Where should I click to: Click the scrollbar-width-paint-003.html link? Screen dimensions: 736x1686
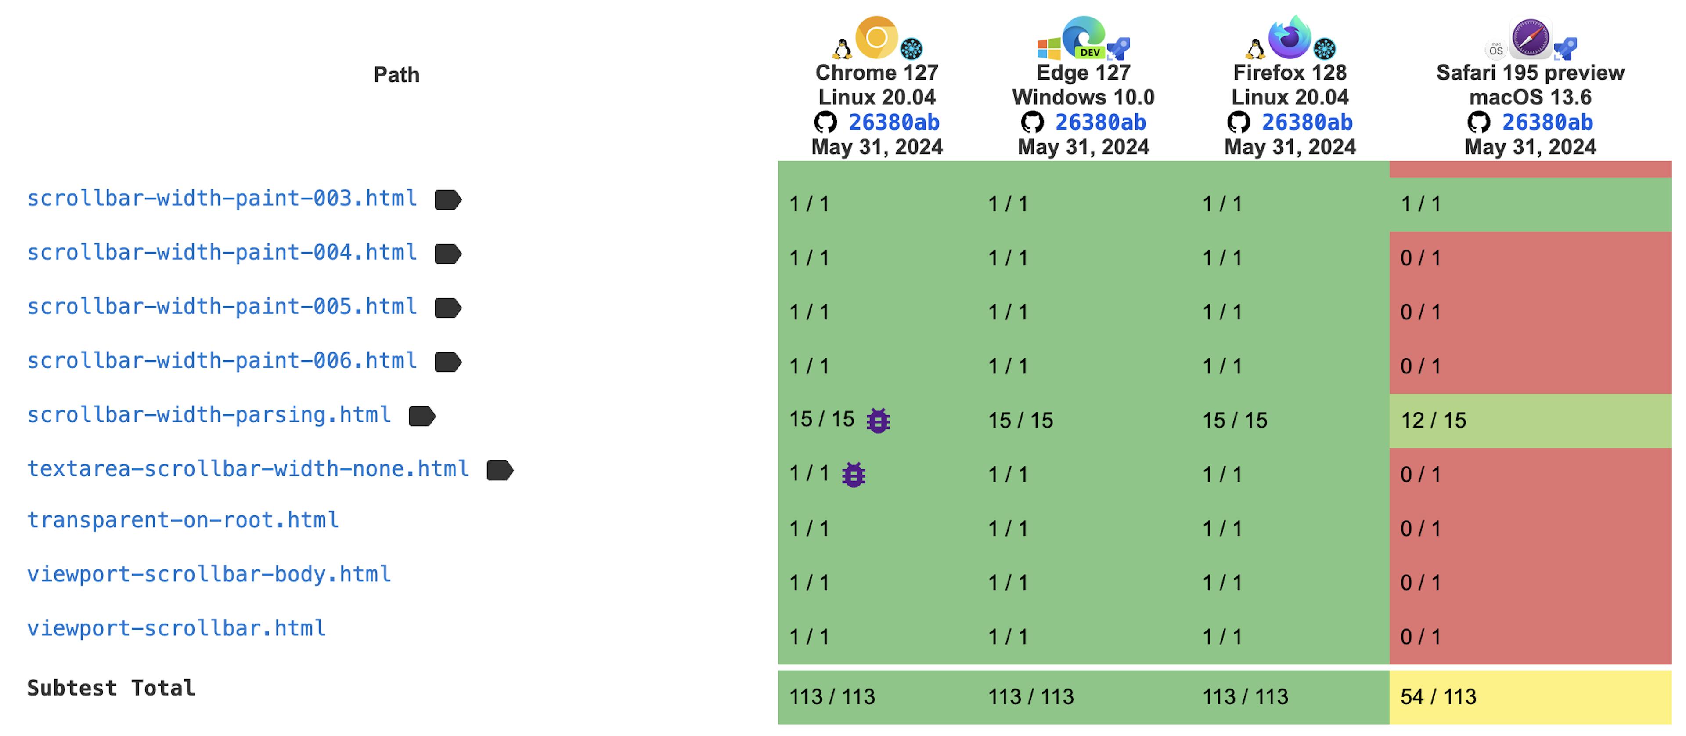pyautogui.click(x=222, y=199)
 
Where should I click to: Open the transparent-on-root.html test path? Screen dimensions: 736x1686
pyautogui.click(x=183, y=521)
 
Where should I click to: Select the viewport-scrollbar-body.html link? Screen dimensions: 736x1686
pyautogui.click(x=209, y=575)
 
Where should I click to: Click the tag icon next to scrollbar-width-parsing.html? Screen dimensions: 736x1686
pyautogui.click(x=422, y=416)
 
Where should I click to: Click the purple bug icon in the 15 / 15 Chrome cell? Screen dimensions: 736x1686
pyautogui.click(x=878, y=421)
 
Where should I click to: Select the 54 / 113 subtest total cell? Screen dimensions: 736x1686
pyautogui.click(x=1438, y=697)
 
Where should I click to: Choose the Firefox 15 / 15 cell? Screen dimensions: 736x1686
pyautogui.click(x=1234, y=421)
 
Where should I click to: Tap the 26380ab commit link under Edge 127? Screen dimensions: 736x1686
pyautogui.click(x=1100, y=123)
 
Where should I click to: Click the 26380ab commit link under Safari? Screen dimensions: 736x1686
pyautogui.click(x=1547, y=123)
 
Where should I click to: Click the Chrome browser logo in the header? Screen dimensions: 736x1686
pyautogui.click(x=876, y=37)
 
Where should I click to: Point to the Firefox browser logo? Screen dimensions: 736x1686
pyautogui.click(x=1290, y=37)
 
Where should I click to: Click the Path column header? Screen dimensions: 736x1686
pyautogui.click(x=396, y=75)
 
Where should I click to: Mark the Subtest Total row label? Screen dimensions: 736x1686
pyautogui.click(x=111, y=688)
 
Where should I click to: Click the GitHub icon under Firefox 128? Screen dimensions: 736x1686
pyautogui.click(x=1238, y=123)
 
